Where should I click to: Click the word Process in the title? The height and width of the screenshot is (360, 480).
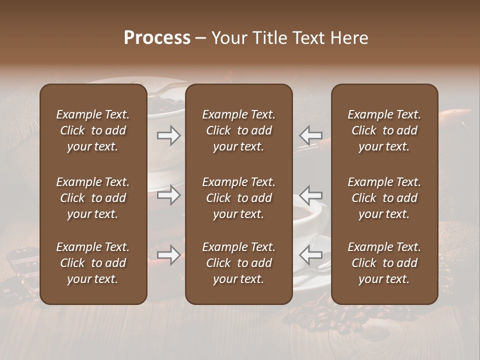[157, 38]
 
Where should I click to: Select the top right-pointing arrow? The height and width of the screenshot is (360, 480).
[169, 135]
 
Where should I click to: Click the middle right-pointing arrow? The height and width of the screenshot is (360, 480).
[169, 195]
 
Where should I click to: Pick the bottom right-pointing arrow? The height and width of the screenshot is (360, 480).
[169, 255]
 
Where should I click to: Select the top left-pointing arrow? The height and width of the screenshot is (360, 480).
[310, 135]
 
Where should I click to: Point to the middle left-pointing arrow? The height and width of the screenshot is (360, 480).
[310, 195]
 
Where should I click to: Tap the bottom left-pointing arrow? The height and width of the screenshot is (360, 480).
[310, 255]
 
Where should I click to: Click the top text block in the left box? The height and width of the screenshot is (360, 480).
[93, 130]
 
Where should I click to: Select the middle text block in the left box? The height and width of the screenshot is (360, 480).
[93, 198]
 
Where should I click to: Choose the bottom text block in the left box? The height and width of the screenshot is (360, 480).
[93, 263]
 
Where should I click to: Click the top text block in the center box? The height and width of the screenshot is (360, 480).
[238, 130]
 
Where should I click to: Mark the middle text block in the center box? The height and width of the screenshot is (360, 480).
[238, 198]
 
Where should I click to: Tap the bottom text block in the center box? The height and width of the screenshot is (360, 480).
[238, 263]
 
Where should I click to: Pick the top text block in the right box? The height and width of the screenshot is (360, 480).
[384, 130]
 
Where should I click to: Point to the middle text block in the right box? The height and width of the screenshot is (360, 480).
[384, 198]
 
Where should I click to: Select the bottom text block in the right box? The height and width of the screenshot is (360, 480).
[384, 263]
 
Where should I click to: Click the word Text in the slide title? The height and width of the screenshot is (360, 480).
[307, 38]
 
